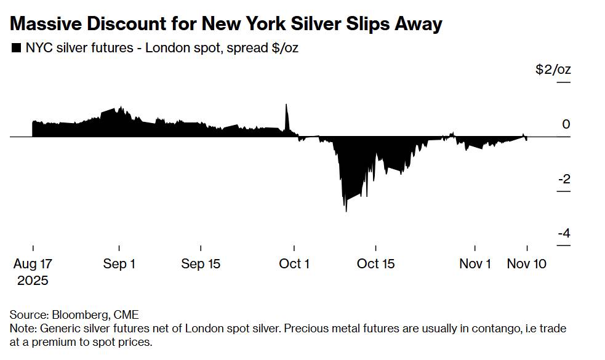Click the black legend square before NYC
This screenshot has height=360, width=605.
coord(15,48)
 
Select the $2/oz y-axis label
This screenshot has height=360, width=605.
coord(553,70)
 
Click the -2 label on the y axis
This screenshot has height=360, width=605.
coord(563,179)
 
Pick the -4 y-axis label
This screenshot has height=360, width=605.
coord(563,233)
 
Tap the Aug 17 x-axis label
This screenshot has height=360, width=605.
coord(33,264)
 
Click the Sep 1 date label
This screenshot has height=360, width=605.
coord(119,264)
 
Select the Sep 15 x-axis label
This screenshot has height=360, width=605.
coord(201,264)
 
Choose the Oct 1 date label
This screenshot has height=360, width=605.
coord(294,264)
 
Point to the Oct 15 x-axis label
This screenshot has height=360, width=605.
coord(376,264)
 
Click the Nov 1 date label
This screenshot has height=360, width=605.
coord(475,264)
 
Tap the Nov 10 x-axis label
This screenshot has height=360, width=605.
coord(526,264)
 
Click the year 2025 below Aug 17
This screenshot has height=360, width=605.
coord(33,281)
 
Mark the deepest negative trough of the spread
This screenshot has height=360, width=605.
coord(346,210)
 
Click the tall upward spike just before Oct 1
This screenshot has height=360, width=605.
coord(286,106)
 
